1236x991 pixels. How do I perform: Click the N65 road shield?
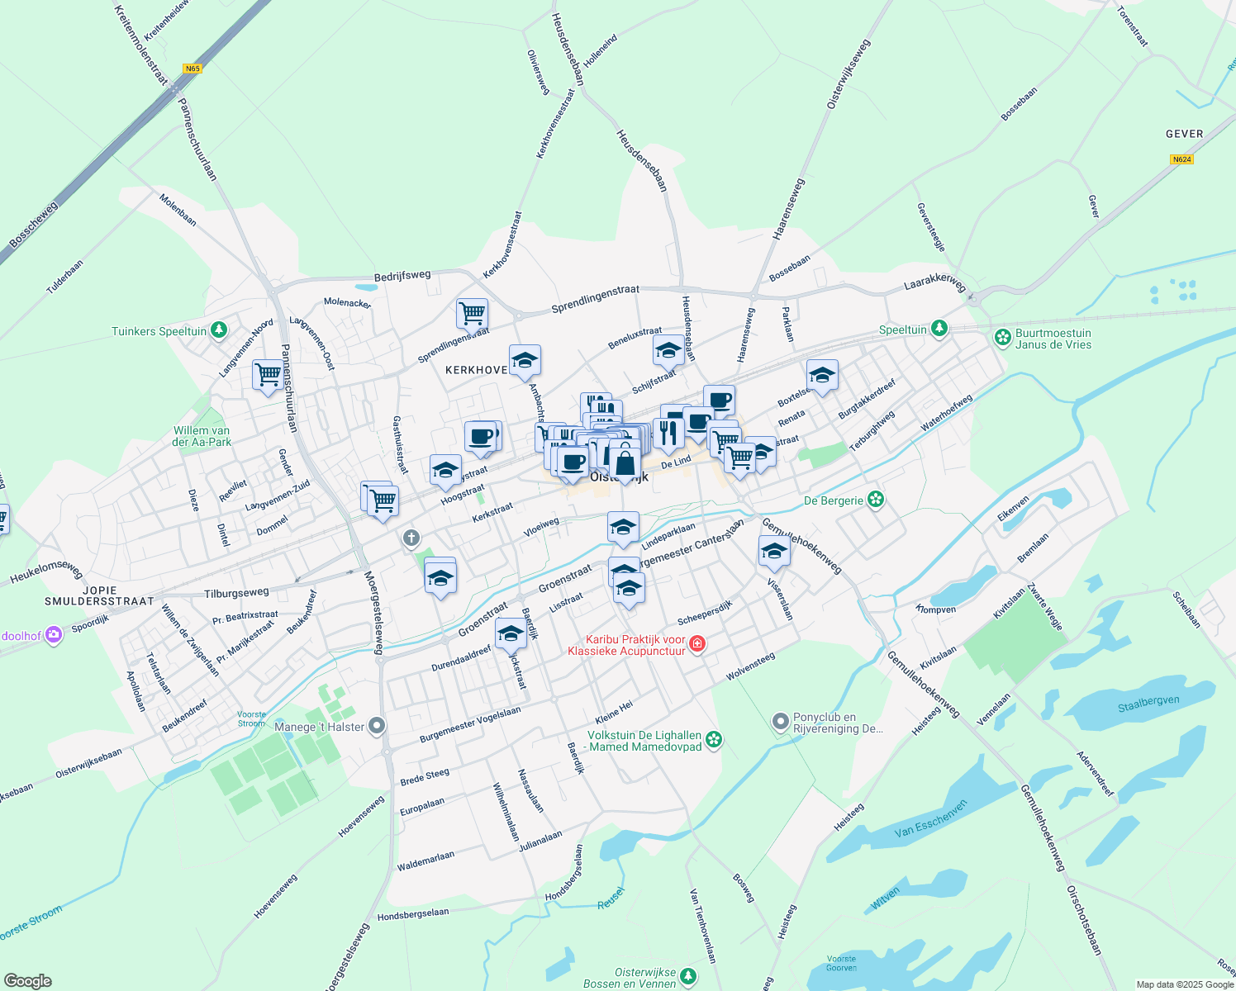click(193, 69)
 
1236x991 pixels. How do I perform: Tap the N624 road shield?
click(1181, 159)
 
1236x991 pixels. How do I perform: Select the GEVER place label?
click(1184, 134)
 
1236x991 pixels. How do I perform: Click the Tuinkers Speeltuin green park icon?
click(218, 330)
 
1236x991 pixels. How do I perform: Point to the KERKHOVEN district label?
click(477, 370)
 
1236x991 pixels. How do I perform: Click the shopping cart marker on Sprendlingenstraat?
click(472, 314)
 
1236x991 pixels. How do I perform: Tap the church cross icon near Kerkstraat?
click(411, 539)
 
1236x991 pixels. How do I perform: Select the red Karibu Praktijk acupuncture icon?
click(696, 643)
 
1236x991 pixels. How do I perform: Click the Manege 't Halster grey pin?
click(377, 726)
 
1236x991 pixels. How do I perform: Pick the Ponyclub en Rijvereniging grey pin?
click(780, 723)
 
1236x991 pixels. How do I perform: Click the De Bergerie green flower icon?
click(876, 500)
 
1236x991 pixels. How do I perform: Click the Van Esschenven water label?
click(930, 819)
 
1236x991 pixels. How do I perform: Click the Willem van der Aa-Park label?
click(202, 436)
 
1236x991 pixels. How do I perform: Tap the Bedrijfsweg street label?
click(402, 276)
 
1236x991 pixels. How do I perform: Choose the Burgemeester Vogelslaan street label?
click(470, 724)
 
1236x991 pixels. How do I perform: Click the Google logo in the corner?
click(27, 980)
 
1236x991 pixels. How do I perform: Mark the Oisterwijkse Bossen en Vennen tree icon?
click(687, 977)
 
